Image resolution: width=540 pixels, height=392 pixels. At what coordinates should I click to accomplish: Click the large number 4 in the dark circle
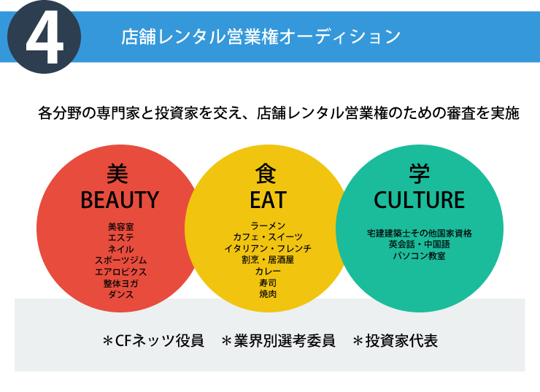click(45, 36)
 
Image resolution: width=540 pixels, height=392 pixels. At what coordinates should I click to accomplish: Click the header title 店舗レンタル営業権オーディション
click(261, 36)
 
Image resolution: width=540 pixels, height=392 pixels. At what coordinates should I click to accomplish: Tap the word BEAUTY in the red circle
click(120, 200)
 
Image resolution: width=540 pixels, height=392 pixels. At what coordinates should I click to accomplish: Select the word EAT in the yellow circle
click(268, 200)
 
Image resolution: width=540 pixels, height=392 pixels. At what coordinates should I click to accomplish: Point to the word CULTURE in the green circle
click(419, 200)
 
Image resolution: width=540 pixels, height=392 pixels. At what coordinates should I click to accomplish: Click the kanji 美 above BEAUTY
click(117, 174)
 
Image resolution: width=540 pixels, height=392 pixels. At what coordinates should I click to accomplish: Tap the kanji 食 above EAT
click(266, 174)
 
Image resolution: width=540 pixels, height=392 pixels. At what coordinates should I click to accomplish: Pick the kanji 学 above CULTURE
click(419, 174)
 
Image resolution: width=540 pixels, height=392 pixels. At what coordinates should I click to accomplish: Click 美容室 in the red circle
click(120, 226)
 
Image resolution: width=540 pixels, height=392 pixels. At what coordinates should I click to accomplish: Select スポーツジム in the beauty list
click(120, 260)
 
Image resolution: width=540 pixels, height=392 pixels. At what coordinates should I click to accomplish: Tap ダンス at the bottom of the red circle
click(120, 294)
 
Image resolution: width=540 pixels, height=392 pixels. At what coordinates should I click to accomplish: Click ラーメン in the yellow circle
click(268, 226)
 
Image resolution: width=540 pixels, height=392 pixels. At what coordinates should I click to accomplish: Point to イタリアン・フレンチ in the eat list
click(268, 248)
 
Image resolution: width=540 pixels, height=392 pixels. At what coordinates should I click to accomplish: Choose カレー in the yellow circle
click(268, 271)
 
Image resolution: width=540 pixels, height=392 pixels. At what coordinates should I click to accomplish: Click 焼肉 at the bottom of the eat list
click(268, 294)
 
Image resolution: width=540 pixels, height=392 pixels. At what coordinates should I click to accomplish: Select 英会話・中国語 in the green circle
click(419, 245)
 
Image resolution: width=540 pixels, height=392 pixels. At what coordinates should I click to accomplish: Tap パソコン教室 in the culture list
click(419, 256)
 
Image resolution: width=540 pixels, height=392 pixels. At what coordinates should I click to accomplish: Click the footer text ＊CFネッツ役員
click(153, 341)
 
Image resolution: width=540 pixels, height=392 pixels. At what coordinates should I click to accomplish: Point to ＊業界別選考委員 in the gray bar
click(278, 341)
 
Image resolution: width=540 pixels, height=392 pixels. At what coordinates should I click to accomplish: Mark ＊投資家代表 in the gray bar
click(395, 341)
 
